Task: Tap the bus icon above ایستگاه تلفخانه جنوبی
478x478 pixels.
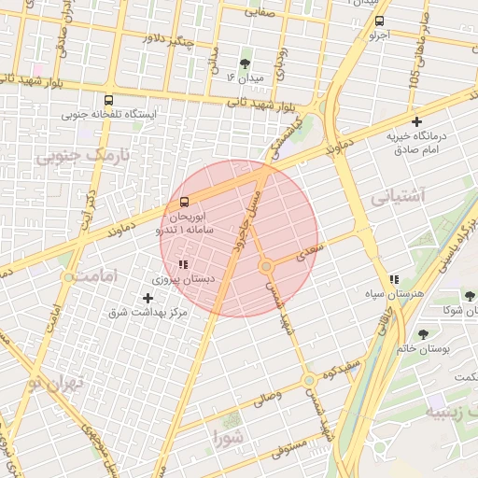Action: pyautogui.click(x=109, y=100)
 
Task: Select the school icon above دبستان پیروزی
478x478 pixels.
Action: pyautogui.click(x=183, y=265)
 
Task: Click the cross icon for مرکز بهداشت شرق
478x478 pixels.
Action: pyautogui.click(x=148, y=299)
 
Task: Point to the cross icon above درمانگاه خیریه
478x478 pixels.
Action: pyautogui.click(x=416, y=121)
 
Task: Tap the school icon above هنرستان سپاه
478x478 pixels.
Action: pyautogui.click(x=395, y=279)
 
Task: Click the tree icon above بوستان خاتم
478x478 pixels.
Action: pyautogui.click(x=424, y=333)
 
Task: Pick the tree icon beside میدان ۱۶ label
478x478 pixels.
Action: pyautogui.click(x=245, y=63)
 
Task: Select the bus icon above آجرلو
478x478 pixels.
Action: pyautogui.click(x=377, y=21)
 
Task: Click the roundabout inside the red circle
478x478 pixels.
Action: pyautogui.click(x=266, y=267)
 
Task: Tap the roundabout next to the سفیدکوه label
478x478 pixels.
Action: pyautogui.click(x=308, y=381)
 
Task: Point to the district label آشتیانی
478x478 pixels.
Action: pyautogui.click(x=398, y=198)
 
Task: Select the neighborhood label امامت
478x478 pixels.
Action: pyautogui.click(x=96, y=277)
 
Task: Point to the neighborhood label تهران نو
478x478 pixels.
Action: pyautogui.click(x=56, y=383)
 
